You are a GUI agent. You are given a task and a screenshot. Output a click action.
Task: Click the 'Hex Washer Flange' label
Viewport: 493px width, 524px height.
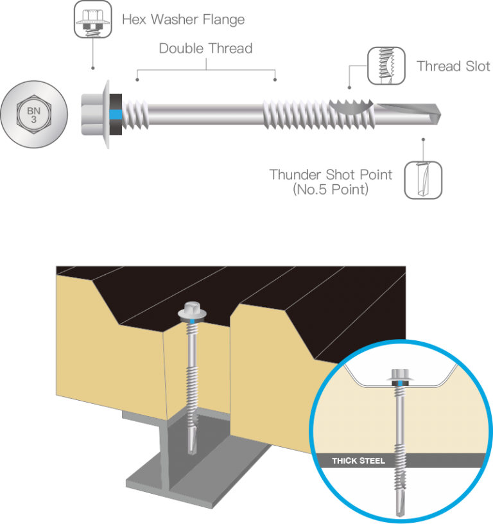pos(183,20)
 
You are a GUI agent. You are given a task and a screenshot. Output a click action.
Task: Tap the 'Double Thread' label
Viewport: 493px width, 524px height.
pos(205,49)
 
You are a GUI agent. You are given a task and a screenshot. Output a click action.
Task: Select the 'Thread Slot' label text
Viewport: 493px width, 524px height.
pos(453,67)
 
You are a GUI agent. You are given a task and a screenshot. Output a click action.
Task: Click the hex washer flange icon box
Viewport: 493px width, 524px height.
pos(94,18)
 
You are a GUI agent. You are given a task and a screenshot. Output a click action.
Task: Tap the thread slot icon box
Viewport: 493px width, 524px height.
pos(386,66)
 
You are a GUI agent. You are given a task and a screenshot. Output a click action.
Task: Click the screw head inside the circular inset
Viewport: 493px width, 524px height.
pos(399,375)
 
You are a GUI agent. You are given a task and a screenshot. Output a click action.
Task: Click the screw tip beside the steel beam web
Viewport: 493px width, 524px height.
pos(192,442)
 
